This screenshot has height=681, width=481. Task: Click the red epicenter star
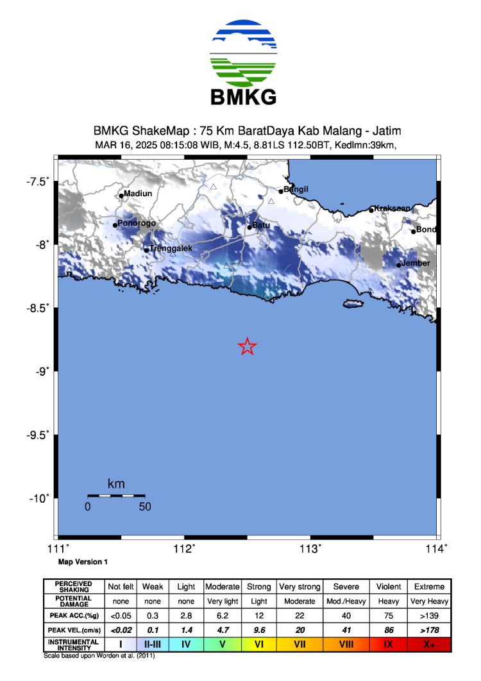click(x=248, y=346)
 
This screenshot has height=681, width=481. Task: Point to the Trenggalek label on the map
click(x=171, y=248)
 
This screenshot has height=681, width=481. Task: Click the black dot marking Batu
click(x=250, y=227)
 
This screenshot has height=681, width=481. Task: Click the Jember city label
click(x=416, y=264)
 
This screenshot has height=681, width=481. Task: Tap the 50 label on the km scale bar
click(x=145, y=507)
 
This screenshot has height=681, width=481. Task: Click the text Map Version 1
click(x=83, y=562)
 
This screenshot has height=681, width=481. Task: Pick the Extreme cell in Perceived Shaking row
click(x=429, y=587)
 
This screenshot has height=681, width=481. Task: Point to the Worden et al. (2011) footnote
click(x=99, y=656)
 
